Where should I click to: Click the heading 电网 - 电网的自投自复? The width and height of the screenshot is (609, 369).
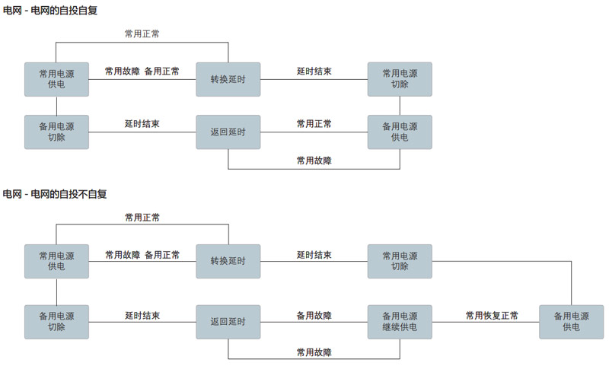click(50, 11)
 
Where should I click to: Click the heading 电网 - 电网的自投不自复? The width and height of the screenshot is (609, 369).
click(55, 194)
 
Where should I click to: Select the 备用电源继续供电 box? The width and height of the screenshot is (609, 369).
click(400, 322)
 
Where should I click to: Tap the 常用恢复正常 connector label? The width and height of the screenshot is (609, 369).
click(492, 315)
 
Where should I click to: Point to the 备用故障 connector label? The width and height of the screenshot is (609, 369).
click(314, 315)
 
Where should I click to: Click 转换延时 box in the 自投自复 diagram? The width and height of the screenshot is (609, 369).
click(228, 79)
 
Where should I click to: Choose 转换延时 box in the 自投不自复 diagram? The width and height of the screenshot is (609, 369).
click(228, 261)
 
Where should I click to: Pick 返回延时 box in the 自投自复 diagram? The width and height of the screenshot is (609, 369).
click(228, 132)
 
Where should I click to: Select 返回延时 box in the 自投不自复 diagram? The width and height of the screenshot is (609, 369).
click(228, 322)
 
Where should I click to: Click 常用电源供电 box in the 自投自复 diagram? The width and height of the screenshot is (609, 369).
click(56, 79)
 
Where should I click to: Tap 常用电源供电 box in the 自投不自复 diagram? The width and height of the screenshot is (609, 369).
click(56, 261)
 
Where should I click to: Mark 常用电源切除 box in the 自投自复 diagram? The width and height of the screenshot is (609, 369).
click(400, 79)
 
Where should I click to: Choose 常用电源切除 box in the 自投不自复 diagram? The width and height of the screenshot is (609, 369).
click(400, 261)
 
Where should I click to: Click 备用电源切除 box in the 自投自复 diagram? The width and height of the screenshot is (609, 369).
click(56, 132)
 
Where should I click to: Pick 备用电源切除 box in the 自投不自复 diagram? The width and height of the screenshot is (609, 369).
click(56, 322)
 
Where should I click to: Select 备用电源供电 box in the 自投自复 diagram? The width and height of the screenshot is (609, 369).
click(400, 132)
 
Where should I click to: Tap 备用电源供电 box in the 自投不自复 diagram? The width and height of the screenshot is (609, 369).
click(571, 322)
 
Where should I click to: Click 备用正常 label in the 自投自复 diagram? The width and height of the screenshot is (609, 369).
click(162, 72)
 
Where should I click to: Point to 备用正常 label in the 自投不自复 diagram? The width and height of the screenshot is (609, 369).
click(162, 254)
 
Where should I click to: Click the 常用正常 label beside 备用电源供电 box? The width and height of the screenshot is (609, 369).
click(314, 124)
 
